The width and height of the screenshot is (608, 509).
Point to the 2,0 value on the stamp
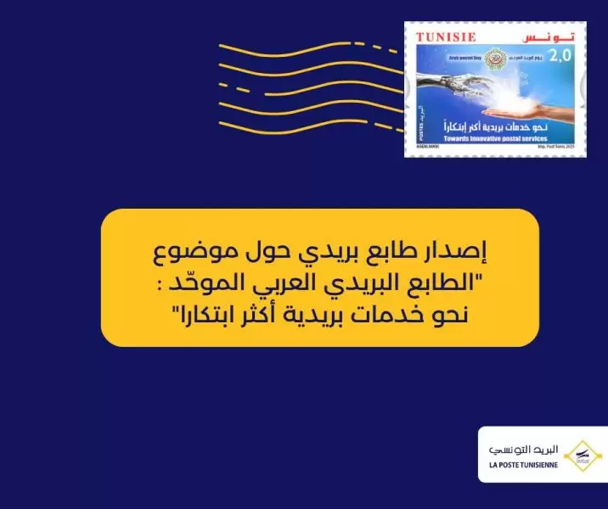pyautogui.click(x=561, y=57)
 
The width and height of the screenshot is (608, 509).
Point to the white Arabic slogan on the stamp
pyautogui.click(x=485, y=126)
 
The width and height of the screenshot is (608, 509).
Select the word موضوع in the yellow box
pyautogui.click(x=178, y=253)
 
